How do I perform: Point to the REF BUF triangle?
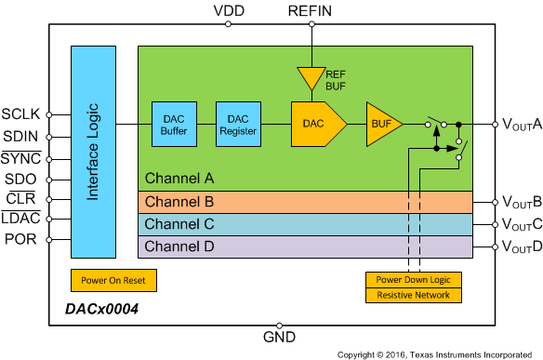(307, 76)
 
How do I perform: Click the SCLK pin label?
(21, 114)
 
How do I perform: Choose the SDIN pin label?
(22, 137)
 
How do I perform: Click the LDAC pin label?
(21, 219)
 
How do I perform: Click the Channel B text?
(179, 201)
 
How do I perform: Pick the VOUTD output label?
(522, 247)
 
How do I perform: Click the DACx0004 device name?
(99, 310)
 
